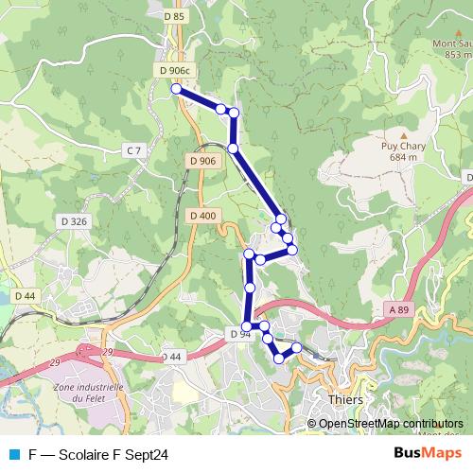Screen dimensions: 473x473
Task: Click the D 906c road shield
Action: [175, 71]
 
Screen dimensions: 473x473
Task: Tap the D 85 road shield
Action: [174, 16]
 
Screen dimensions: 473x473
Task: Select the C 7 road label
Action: [133, 150]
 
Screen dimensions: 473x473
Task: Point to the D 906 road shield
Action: [203, 162]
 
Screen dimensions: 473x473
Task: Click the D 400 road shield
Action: [203, 216]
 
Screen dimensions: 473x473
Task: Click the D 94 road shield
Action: [239, 334]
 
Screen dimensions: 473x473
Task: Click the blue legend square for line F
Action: [13, 454]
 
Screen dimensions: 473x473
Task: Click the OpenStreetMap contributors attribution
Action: [391, 423]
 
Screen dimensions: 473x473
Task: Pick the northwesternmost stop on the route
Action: [176, 88]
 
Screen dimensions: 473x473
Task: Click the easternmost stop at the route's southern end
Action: [297, 347]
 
